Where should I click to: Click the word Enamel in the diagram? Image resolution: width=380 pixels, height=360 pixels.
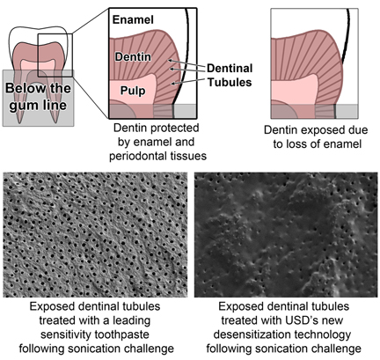pos(133,20)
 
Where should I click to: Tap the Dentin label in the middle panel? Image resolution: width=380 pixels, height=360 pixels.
pos(133,56)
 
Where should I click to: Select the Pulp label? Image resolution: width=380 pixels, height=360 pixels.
pos(133,91)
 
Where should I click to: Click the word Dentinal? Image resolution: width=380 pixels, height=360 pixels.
pos(230,68)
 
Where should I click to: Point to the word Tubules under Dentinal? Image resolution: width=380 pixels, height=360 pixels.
pos(230,82)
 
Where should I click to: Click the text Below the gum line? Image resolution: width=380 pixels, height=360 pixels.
pos(38,97)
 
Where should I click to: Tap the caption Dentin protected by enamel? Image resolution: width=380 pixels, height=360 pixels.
pos(157,135)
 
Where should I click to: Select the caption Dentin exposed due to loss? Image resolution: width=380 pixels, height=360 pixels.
pos(316,137)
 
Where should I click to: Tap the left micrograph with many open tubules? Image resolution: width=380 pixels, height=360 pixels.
pos(95,235)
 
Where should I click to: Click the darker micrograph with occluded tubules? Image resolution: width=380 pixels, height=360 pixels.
pos(286,235)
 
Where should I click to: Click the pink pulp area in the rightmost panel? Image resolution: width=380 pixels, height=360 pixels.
pos(293,90)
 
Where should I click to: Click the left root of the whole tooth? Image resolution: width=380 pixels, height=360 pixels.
pos(19,99)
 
